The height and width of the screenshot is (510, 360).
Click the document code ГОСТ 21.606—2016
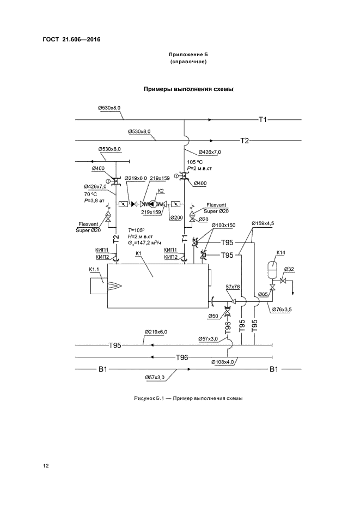[71, 40]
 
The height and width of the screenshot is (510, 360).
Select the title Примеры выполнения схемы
[188, 89]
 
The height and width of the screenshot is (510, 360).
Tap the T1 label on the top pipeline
[263, 120]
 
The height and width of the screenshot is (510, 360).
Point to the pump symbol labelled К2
[154, 204]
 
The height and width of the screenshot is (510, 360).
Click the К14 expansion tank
[272, 265]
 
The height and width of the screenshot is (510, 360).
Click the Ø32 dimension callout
[289, 269]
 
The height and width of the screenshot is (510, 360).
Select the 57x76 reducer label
[233, 287]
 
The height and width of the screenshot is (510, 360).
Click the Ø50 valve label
[213, 316]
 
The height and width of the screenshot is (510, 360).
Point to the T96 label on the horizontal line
[182, 357]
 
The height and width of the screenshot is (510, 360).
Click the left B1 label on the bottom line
[103, 369]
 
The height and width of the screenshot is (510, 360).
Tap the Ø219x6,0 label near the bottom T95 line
[156, 332]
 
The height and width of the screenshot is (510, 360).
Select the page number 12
[46, 466]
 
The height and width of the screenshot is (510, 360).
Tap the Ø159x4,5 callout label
[263, 223]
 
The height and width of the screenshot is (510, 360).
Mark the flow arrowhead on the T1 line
[210, 120]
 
